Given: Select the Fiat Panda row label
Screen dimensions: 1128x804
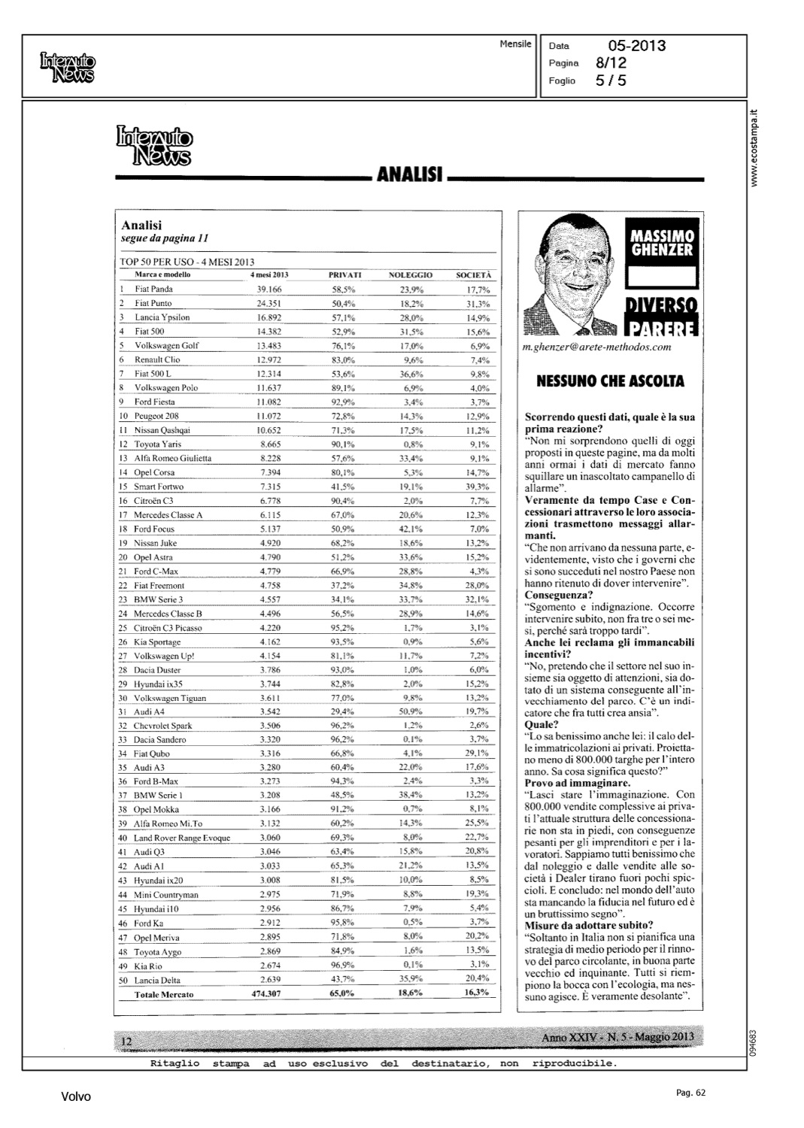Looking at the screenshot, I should tap(153, 289).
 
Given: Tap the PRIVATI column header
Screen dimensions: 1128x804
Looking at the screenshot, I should tap(345, 275).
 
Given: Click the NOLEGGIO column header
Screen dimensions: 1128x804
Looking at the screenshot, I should tap(410, 275).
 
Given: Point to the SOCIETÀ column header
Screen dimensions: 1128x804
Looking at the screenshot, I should tap(473, 275).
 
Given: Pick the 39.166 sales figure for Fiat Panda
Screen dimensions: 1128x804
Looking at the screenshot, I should tap(269, 289).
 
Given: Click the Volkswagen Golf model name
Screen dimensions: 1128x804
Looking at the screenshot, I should tap(166, 345).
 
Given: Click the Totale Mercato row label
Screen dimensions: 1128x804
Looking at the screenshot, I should tap(163, 994).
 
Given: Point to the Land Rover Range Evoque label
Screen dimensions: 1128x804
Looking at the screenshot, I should tap(182, 838).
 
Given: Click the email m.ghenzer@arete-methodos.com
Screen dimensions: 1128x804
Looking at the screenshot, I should tap(596, 347).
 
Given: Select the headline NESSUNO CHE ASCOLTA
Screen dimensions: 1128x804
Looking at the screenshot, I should tap(610, 381).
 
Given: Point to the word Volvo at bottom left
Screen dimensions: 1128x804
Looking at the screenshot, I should tap(75, 1097).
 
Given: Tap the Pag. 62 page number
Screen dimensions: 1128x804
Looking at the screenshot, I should tap(690, 1093).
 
